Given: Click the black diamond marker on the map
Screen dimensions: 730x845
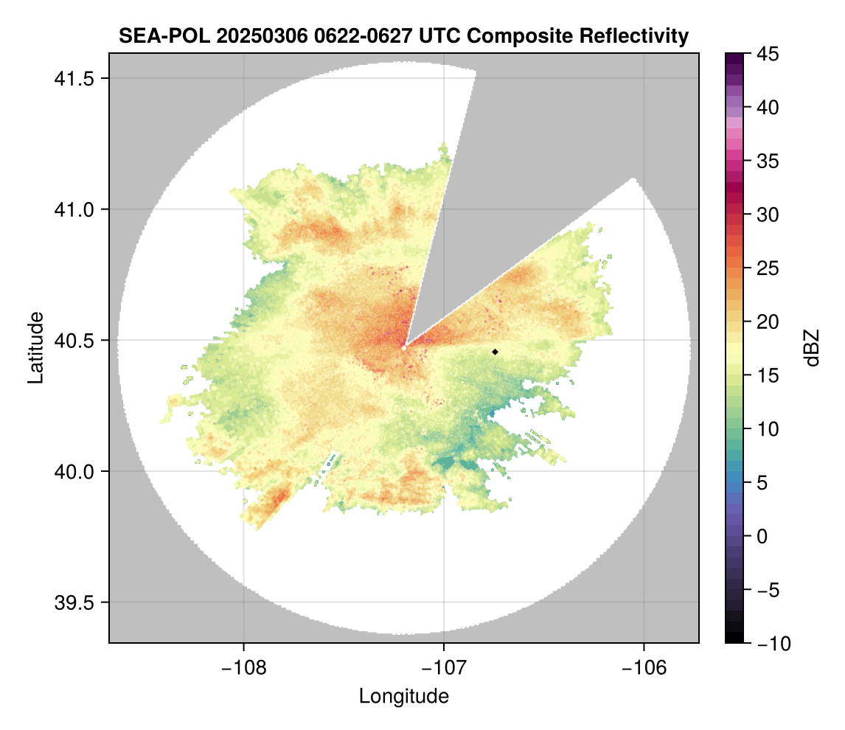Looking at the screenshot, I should coord(495,352).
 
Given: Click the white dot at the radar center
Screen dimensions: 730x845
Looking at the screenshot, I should coord(404,347).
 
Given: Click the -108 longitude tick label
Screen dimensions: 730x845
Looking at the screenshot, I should coord(243,668).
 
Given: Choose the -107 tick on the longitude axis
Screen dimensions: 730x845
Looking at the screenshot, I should coord(444,668).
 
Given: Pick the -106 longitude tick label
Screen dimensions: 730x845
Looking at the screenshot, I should coord(644,668).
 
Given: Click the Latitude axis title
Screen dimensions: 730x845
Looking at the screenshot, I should coord(35,347).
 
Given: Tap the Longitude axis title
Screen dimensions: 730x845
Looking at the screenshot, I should coord(404,696).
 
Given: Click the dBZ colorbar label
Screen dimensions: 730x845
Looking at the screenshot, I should coord(812,348).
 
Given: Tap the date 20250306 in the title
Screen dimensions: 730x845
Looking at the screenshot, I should coord(241,35).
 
